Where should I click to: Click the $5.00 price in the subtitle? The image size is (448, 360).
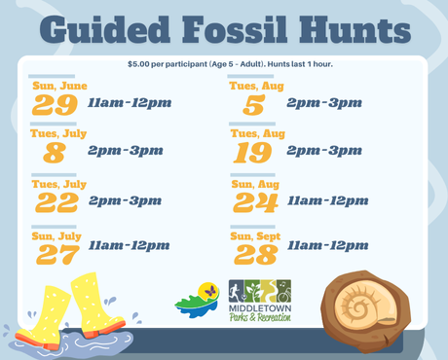(x=142, y=64)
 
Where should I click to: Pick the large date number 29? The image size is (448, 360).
(x=55, y=105)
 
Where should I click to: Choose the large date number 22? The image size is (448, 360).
(x=57, y=202)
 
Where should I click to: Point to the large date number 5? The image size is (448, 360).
(x=254, y=105)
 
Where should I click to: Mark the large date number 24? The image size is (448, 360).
(x=256, y=202)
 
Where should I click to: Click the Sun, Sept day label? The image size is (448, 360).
(x=254, y=235)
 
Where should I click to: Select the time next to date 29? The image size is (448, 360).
(x=129, y=102)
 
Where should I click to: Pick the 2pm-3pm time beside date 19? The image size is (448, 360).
(x=323, y=151)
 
